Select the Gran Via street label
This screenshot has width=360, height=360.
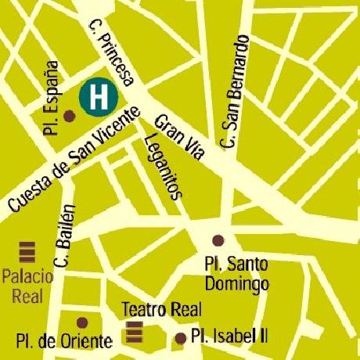pos(179,139)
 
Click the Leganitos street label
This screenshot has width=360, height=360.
pos(164,167)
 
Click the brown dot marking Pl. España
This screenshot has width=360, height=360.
pos(69,116)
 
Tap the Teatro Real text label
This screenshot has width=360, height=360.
pos(150,308)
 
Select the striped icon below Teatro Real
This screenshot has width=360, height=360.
pos(135,333)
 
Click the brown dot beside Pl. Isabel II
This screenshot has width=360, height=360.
pos(180,338)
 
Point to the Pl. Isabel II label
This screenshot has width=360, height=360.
pos(229,337)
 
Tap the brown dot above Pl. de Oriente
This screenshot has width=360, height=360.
pos(83,322)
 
